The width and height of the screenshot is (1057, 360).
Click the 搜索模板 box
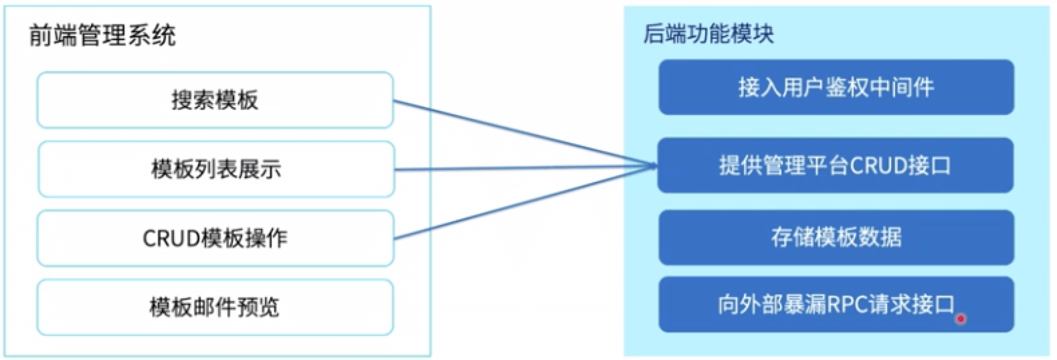click(x=215, y=100)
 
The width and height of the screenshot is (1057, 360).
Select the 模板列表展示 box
click(x=215, y=169)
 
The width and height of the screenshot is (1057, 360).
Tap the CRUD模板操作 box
click(x=215, y=238)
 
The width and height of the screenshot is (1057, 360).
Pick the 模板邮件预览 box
click(x=215, y=308)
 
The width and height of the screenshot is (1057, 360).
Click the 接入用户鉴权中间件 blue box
click(x=836, y=87)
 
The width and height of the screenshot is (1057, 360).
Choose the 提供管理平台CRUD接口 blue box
click(x=836, y=165)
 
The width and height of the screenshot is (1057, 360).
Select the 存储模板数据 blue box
click(x=836, y=238)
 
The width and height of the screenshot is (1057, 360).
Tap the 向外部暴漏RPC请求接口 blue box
click(x=836, y=305)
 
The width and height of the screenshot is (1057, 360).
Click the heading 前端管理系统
click(x=102, y=35)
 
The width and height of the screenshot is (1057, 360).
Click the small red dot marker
click(x=961, y=319)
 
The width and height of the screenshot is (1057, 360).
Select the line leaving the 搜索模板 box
click(x=522, y=134)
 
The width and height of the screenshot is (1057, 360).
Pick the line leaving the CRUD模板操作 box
click(x=522, y=202)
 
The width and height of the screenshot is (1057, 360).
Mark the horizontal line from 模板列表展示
click(x=522, y=169)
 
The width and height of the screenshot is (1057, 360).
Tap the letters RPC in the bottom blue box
click(x=847, y=305)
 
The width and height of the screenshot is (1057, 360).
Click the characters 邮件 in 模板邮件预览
click(x=213, y=308)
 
